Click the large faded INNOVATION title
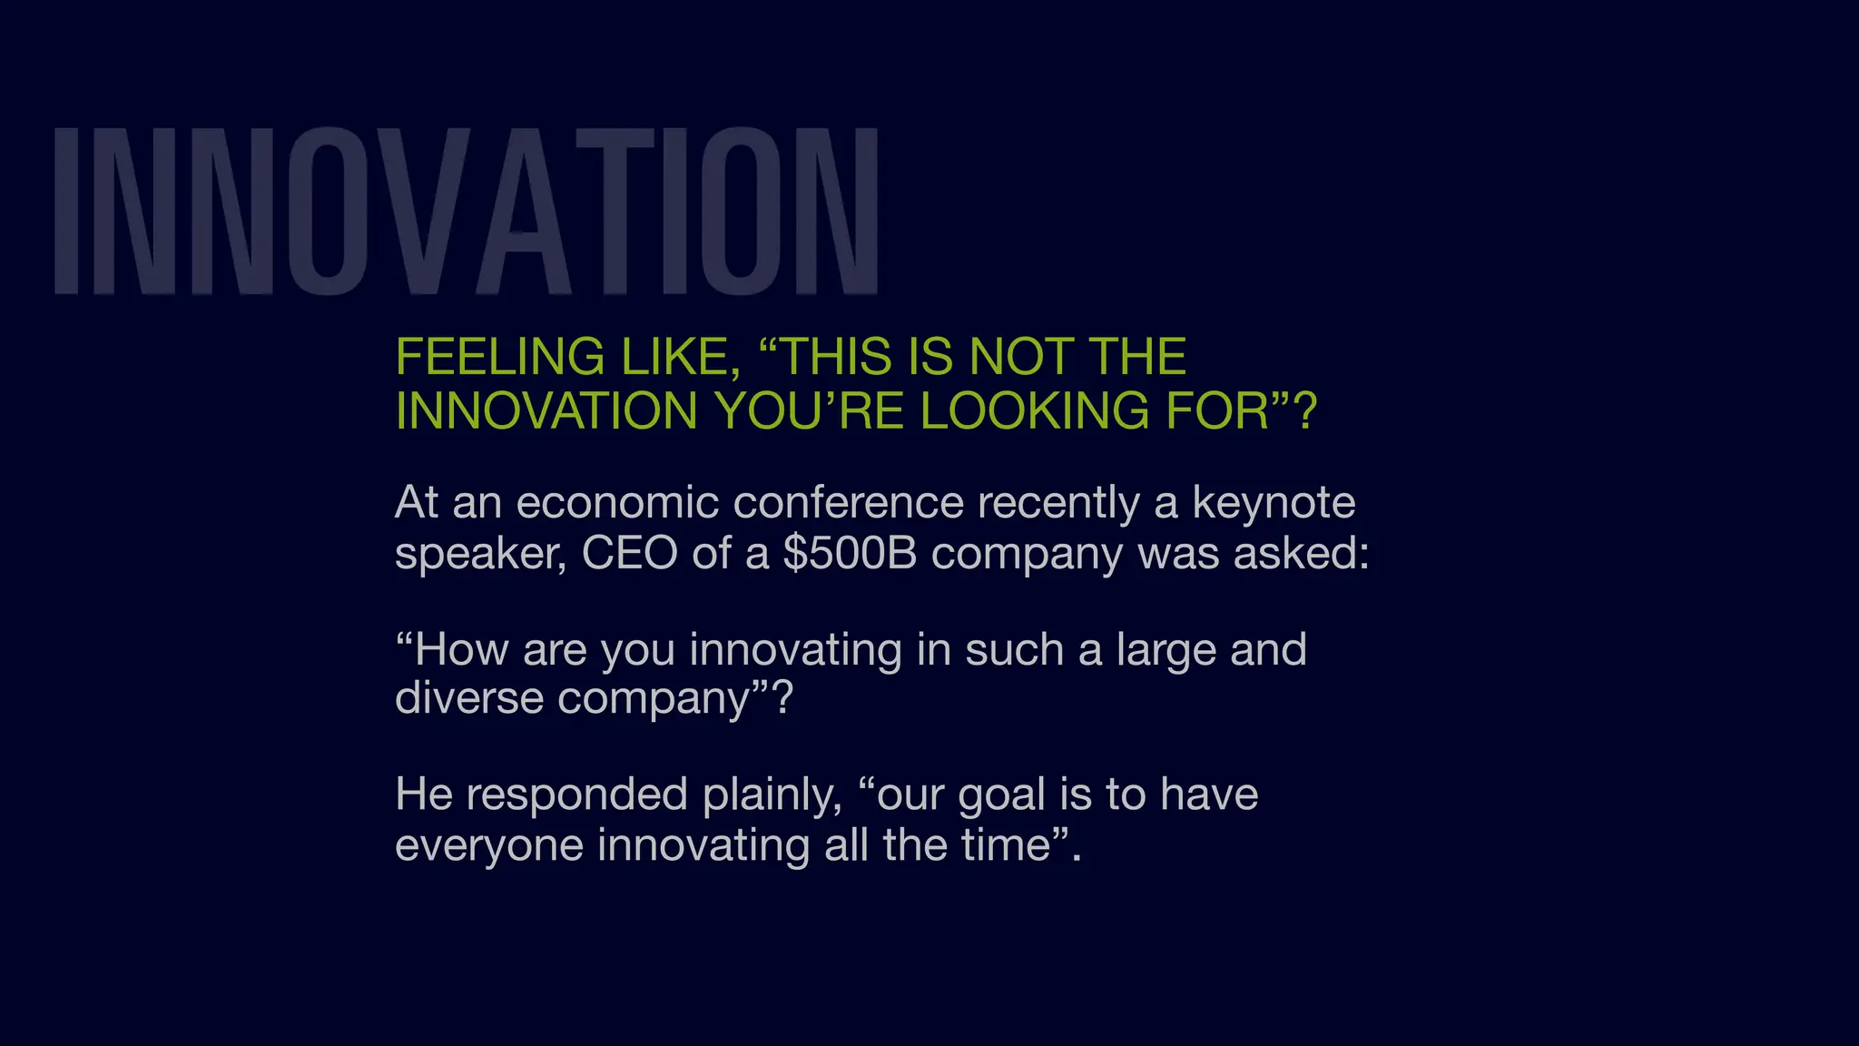click(x=466, y=211)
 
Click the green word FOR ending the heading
click(x=1216, y=411)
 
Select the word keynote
click(x=1273, y=502)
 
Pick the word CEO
click(x=629, y=552)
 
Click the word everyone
click(x=489, y=845)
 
